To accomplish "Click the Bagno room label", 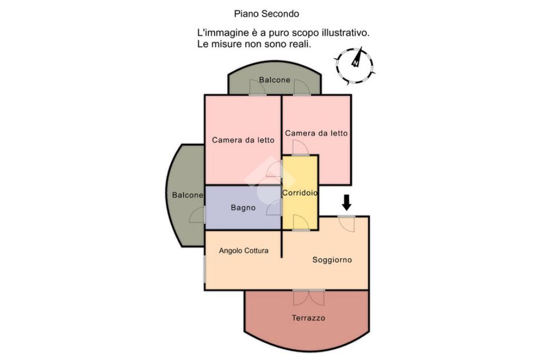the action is pyautogui.click(x=243, y=208).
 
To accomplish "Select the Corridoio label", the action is pyautogui.click(x=300, y=193).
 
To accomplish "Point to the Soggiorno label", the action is pyautogui.click(x=332, y=260).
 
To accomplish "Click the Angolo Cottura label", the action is pyautogui.click(x=244, y=250).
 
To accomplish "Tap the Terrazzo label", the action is pyautogui.click(x=308, y=318).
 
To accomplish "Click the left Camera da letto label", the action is pyautogui.click(x=243, y=140).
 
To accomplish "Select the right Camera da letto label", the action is pyautogui.click(x=316, y=133).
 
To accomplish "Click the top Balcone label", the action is pyautogui.click(x=274, y=80).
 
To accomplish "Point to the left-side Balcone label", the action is pyautogui.click(x=188, y=195).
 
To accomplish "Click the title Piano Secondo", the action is pyautogui.click(x=266, y=14).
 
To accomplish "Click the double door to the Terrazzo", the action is pyautogui.click(x=309, y=298).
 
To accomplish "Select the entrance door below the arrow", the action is pyautogui.click(x=346, y=223).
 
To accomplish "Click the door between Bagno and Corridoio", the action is pyautogui.click(x=275, y=208).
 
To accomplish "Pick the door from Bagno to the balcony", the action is pyautogui.click(x=198, y=215).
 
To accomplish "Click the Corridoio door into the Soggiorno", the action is pyautogui.click(x=301, y=222).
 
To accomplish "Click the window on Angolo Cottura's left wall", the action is pyautogui.click(x=205, y=268).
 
